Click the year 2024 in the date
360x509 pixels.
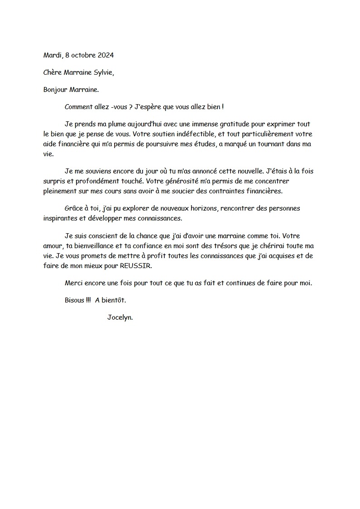point(106,55)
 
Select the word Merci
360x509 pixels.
point(74,283)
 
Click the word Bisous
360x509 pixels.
point(74,300)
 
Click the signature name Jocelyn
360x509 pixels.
point(120,317)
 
